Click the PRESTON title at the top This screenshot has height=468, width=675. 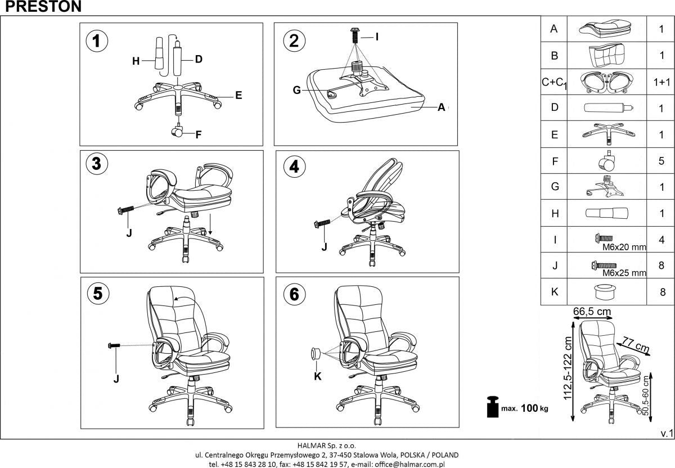40,7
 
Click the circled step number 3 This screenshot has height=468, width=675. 97,164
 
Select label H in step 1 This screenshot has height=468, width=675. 136,62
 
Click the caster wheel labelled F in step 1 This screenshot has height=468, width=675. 178,132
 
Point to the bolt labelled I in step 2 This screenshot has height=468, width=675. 355,36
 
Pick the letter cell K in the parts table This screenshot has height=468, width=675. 555,292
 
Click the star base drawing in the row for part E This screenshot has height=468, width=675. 607,133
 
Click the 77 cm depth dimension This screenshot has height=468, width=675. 634,345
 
